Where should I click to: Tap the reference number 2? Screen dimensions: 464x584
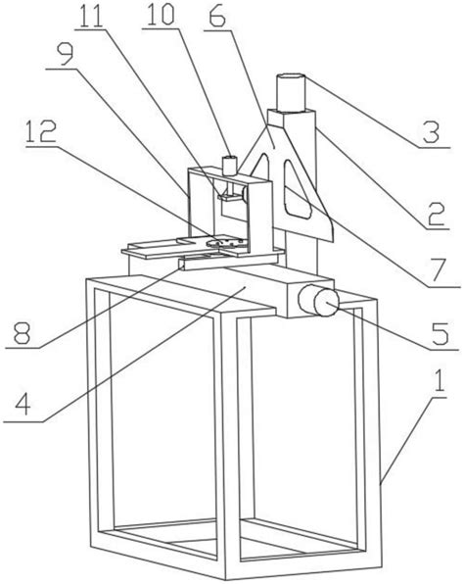tap(436, 214)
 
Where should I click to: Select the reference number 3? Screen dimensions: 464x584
tap(432, 131)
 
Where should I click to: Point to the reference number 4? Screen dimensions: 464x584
tap(23, 404)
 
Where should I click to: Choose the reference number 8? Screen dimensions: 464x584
tap(22, 332)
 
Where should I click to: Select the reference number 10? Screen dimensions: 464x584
tap(162, 16)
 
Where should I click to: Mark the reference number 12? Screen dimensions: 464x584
tap(41, 131)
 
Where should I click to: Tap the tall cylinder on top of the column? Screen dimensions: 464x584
tap(292, 92)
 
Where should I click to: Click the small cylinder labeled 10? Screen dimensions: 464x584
tap(229, 166)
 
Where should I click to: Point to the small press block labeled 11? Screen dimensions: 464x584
tap(231, 197)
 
